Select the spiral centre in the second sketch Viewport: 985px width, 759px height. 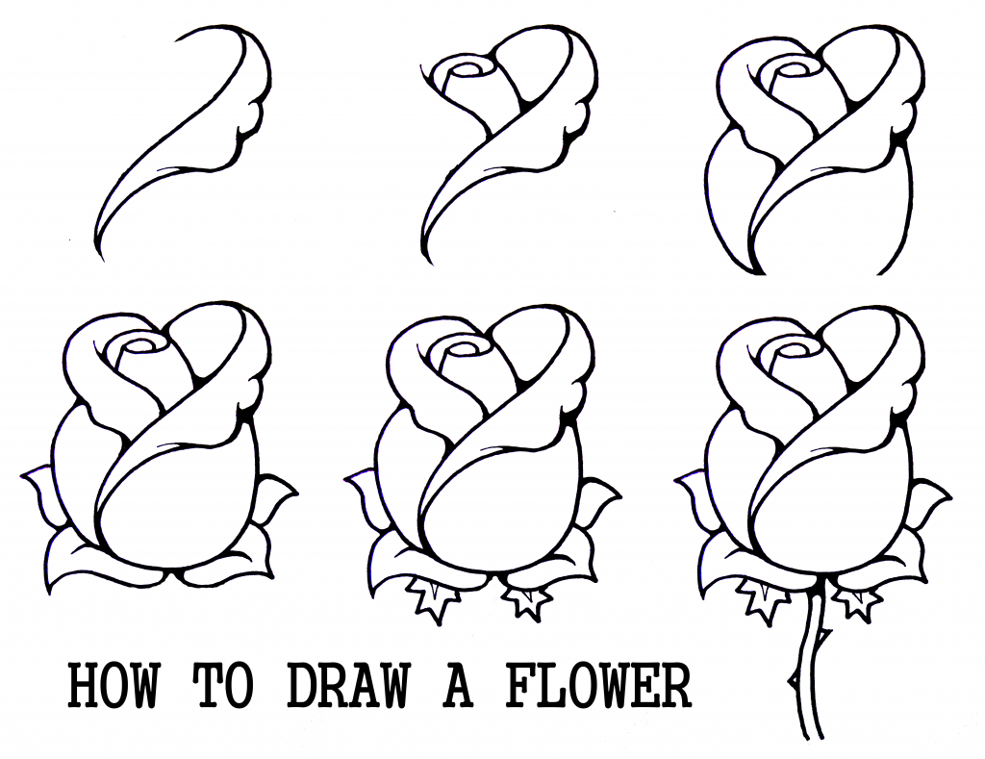click(x=469, y=69)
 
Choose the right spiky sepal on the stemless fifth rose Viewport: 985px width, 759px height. click(x=526, y=599)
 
